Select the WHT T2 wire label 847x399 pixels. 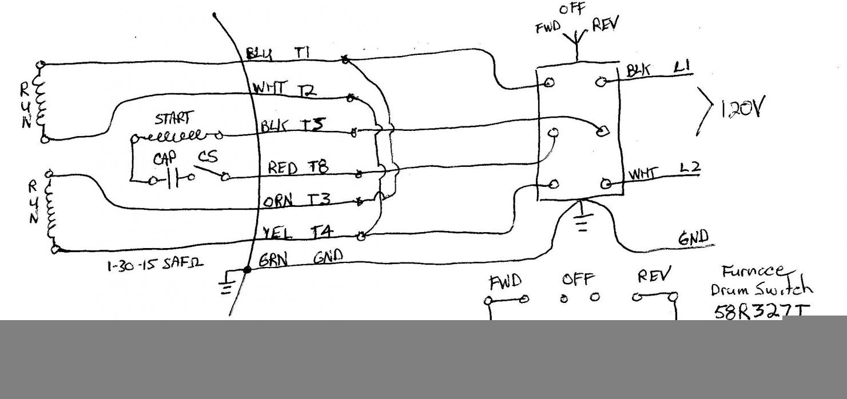coord(285,90)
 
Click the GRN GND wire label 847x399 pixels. coord(300,260)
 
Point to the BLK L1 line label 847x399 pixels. coord(658,69)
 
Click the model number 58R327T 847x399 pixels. coord(762,312)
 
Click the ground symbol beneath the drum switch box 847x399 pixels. coord(582,220)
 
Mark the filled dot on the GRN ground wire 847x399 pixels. coord(246,270)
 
